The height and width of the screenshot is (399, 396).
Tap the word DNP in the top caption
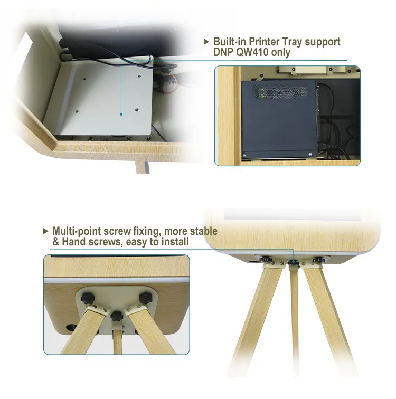click(224, 52)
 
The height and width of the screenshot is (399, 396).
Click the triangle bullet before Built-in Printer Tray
click(206, 42)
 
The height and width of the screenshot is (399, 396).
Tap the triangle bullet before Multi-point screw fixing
click(46, 231)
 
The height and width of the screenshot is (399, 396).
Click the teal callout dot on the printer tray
click(121, 114)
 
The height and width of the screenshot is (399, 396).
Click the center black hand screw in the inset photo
click(117, 316)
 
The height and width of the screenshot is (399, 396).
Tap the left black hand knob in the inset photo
click(88, 298)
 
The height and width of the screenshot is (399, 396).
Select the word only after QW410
click(281, 52)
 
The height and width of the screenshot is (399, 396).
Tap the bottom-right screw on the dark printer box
click(310, 154)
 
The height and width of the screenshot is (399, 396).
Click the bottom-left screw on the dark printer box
click(244, 156)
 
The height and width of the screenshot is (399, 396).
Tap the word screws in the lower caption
click(105, 242)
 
